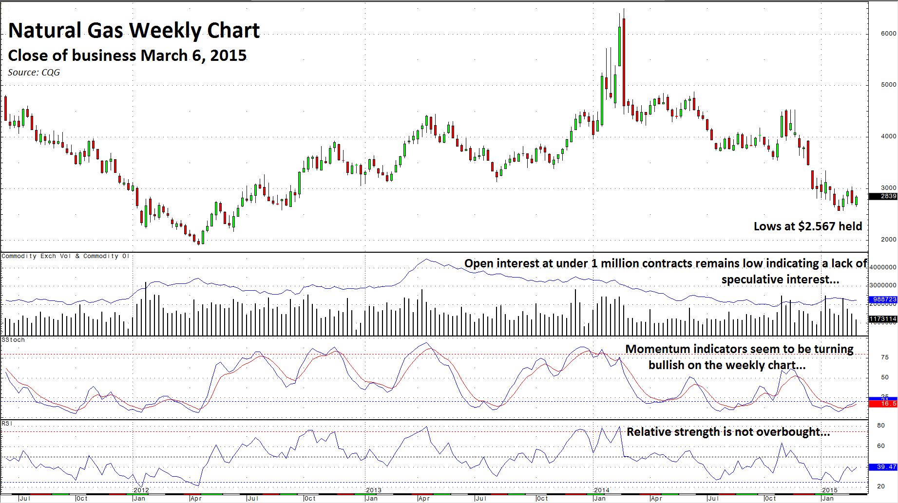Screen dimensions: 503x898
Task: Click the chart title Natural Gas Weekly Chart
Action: [134, 31]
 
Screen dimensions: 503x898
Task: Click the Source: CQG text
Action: [34, 73]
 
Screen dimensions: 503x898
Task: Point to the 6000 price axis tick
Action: [888, 34]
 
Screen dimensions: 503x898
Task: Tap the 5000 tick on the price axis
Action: [888, 85]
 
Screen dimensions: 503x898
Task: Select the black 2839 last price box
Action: [883, 196]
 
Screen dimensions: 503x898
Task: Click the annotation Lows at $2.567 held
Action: [807, 226]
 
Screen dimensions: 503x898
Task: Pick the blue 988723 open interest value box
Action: [883, 299]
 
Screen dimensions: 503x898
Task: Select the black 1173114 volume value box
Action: [883, 319]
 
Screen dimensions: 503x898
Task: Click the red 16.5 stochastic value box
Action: [883, 404]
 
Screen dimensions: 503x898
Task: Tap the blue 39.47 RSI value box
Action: [883, 467]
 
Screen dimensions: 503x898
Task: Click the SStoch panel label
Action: [13, 340]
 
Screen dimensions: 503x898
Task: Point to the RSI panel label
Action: [7, 424]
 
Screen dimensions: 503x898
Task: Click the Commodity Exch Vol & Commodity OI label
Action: [65, 256]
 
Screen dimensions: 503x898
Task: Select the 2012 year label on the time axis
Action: [141, 490]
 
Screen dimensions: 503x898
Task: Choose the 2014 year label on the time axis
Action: [602, 490]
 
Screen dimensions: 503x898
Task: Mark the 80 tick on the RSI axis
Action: [881, 426]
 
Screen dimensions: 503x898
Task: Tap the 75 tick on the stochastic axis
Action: [885, 357]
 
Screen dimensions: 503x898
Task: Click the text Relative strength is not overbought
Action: [728, 432]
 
